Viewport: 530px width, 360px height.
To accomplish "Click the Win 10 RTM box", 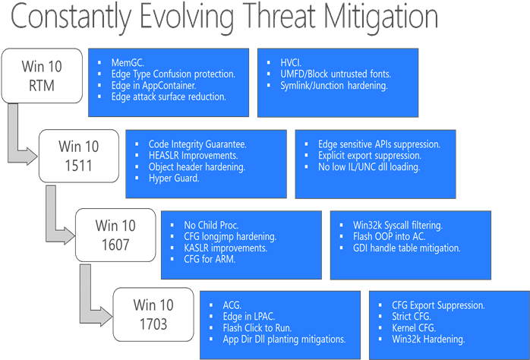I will click(x=43, y=76).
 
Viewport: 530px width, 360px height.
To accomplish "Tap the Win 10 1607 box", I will click(x=116, y=235).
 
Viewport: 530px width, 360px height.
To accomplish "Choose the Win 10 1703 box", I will click(x=153, y=315).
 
